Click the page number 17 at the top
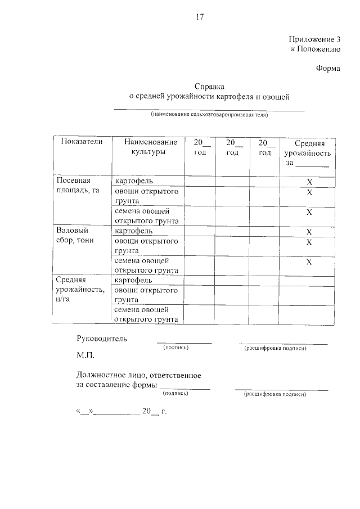pyautogui.click(x=199, y=16)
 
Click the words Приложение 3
pyautogui.click(x=316, y=39)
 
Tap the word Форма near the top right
pyautogui.click(x=329, y=69)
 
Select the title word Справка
pyautogui.click(x=209, y=87)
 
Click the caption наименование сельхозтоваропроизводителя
pyautogui.click(x=209, y=115)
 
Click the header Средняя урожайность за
pyautogui.click(x=308, y=153)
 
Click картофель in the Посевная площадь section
pyautogui.click(x=133, y=181)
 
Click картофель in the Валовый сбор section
pyautogui.click(x=133, y=231)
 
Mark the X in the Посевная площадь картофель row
pyautogui.click(x=309, y=182)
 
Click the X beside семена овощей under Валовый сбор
pyautogui.click(x=309, y=262)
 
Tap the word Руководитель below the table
pyautogui.click(x=102, y=339)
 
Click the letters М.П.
pyautogui.click(x=86, y=356)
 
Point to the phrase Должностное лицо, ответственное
pyautogui.click(x=138, y=375)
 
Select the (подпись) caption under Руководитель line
pyautogui.click(x=175, y=348)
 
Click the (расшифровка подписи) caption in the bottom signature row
pyautogui.click(x=275, y=394)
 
